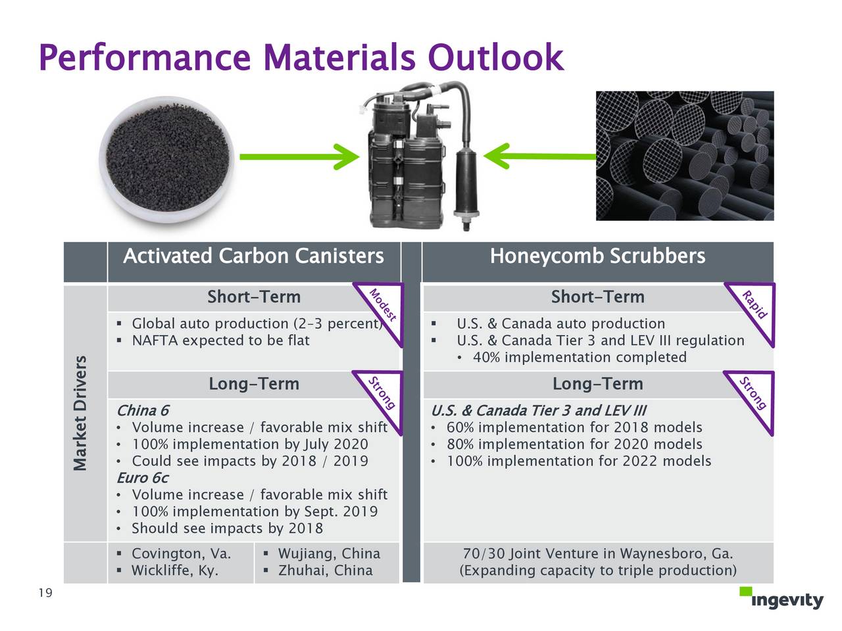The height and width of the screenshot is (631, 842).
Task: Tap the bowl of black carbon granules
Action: click(167, 159)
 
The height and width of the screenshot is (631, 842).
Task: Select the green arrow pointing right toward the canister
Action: click(299, 156)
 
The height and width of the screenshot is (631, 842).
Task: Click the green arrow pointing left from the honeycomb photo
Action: click(539, 156)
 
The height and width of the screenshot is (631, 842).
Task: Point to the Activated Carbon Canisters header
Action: click(253, 256)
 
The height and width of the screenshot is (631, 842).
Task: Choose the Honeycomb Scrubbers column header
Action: click(598, 256)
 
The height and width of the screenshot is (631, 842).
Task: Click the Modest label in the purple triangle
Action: click(382, 305)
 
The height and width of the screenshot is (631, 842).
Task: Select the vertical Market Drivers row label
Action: click(80, 413)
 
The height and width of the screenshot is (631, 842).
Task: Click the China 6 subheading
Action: click(143, 411)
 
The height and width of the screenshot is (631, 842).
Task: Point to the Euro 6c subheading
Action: click(143, 478)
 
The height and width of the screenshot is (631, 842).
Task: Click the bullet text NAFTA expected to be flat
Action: click(220, 340)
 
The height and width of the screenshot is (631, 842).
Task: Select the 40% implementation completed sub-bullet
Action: click(580, 358)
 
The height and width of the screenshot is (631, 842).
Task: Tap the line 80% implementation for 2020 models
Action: click(574, 444)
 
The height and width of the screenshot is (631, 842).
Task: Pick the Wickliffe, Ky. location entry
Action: click(175, 571)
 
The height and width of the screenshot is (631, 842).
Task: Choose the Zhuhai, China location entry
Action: click(326, 571)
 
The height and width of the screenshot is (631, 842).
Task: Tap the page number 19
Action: click(45, 593)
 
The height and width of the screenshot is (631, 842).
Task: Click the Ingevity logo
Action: click(781, 598)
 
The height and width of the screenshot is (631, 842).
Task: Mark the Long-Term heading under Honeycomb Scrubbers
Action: click(598, 384)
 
